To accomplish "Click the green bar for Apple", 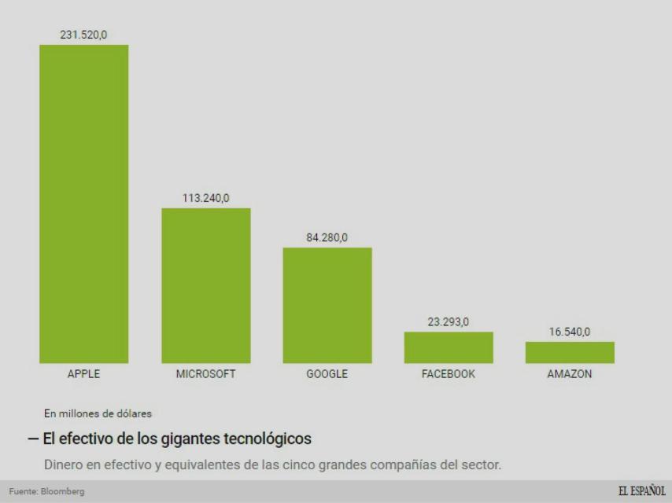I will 84,204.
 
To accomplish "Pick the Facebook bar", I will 449,347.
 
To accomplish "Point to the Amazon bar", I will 570,352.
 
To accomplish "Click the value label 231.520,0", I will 84,35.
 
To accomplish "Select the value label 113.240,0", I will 206,198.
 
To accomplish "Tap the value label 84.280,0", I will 327,237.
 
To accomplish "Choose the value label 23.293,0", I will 449,321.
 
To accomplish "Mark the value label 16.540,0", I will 570,332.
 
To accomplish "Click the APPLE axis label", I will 84,374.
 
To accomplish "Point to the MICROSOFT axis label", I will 206,374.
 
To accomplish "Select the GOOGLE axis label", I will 327,374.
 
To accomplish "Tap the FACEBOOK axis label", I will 449,374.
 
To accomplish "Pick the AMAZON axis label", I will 570,374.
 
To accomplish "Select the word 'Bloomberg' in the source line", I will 65,492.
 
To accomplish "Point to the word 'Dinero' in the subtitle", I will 87,464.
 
